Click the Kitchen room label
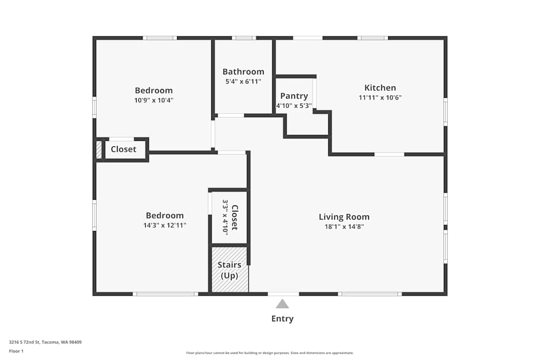pos(380,88)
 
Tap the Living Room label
pos(344,217)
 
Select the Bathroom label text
pos(243,72)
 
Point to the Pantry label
pos(294,96)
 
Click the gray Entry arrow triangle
pos(282,304)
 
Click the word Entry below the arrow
pos(282,318)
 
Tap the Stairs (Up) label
pos(230,270)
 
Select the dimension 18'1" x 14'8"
pos(344,227)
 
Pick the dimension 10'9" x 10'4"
pos(153,100)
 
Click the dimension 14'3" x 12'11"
pos(165,226)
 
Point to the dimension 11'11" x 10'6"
pos(380,97)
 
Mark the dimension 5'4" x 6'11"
pos(243,81)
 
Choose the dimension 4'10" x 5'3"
pos(294,106)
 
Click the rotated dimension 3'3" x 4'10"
pos(225,217)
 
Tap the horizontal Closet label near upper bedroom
pos(123,150)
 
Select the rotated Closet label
pos(235,218)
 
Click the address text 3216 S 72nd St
pos(24,342)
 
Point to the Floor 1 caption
pos(16,351)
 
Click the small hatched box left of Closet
pos(99,150)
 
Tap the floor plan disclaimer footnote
pos(269,353)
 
